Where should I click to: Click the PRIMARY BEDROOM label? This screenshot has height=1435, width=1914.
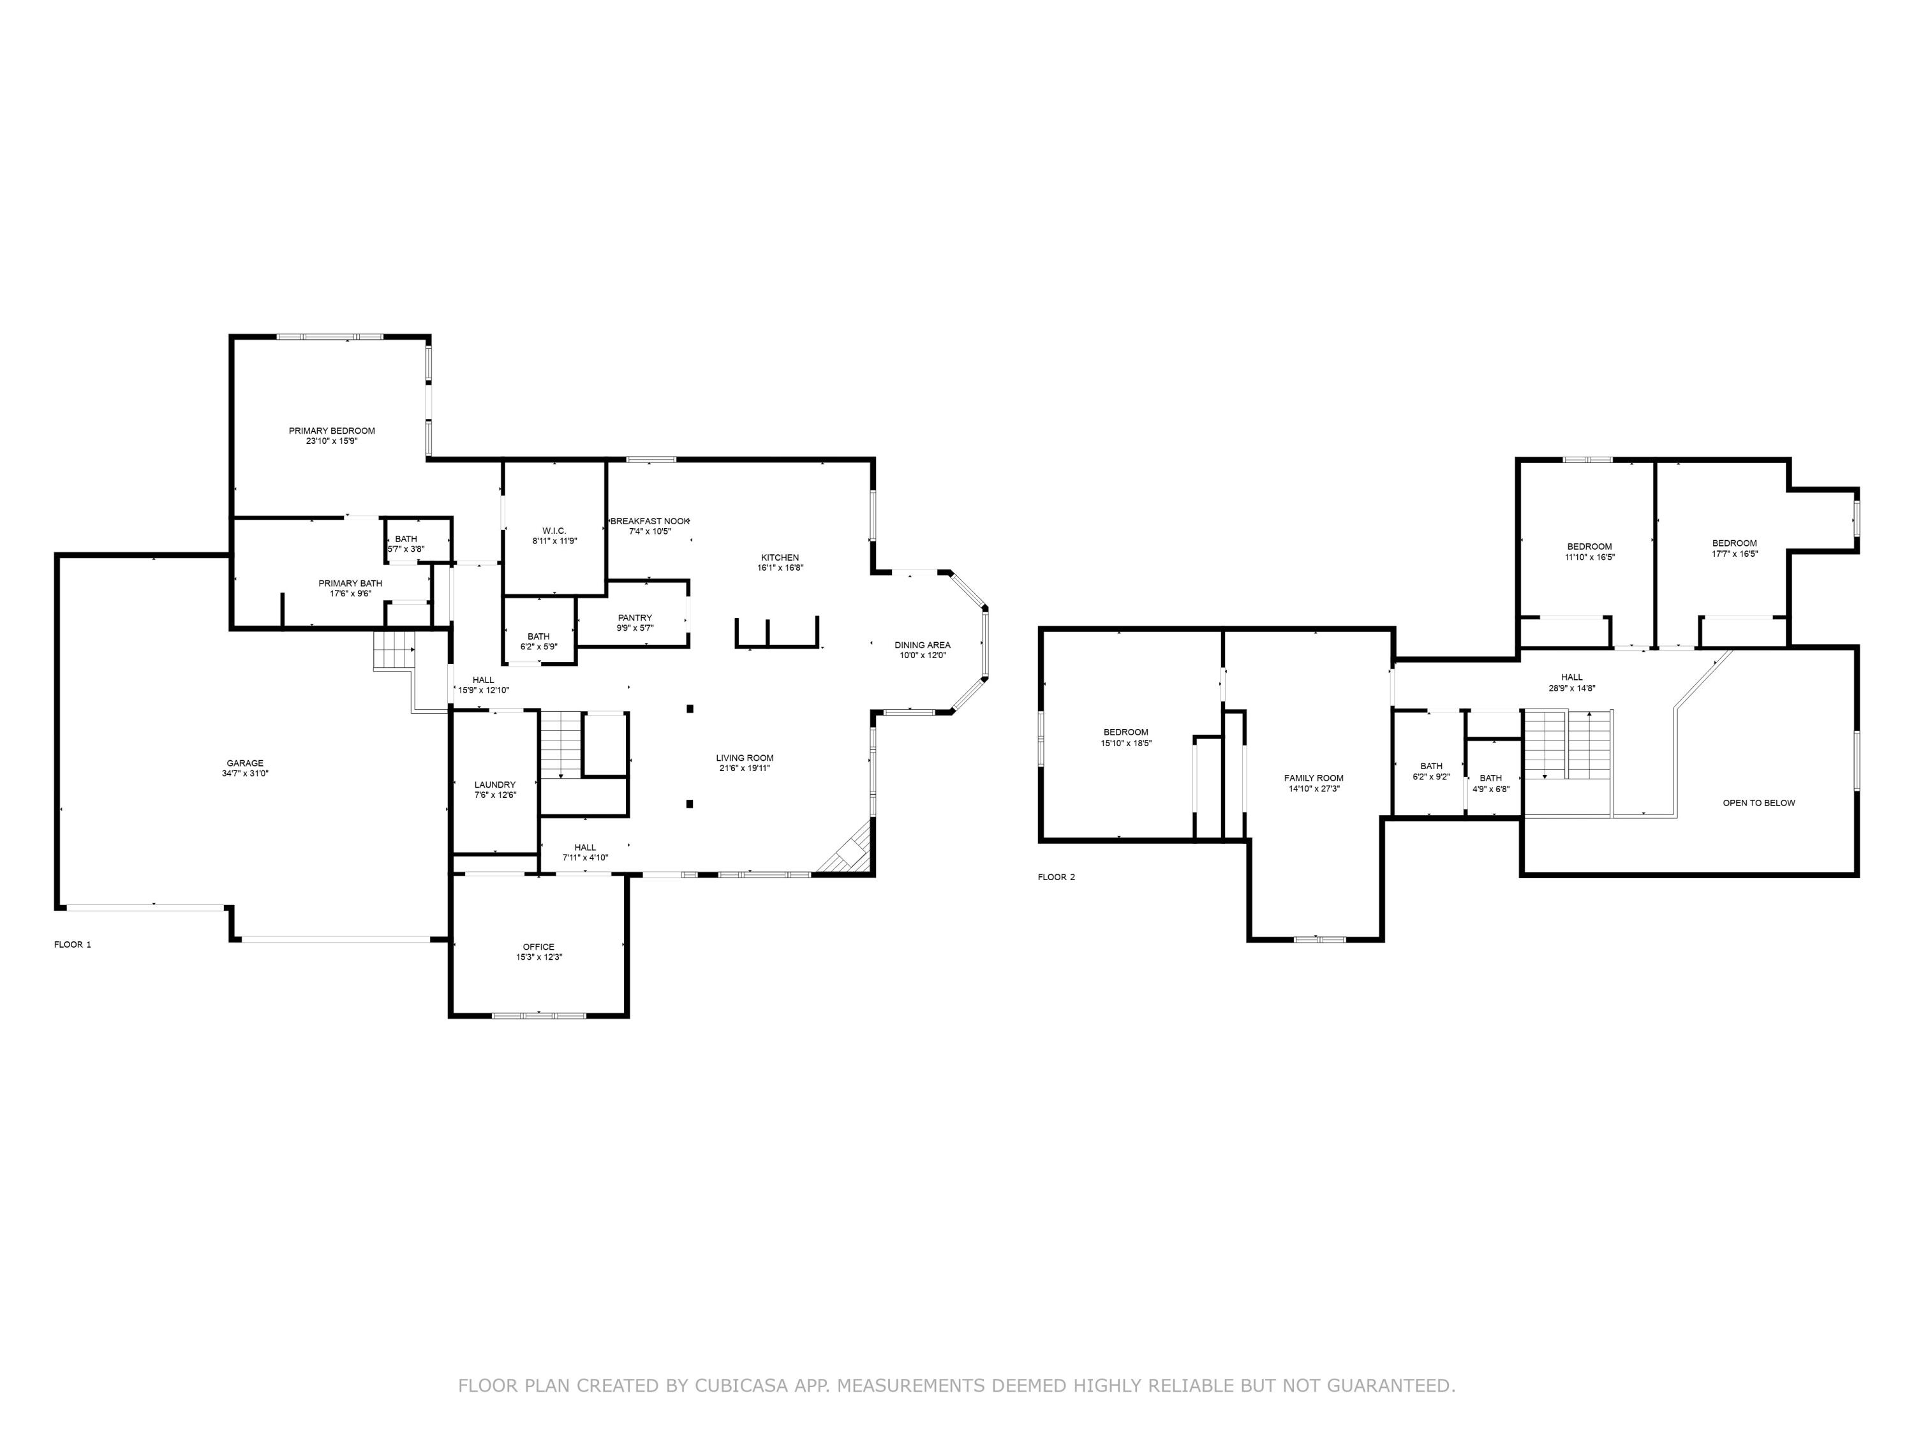pyautogui.click(x=331, y=430)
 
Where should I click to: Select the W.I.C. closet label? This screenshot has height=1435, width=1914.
pyautogui.click(x=554, y=530)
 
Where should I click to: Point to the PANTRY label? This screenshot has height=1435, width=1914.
pyautogui.click(x=634, y=617)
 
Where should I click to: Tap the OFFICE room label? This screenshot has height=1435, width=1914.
pyautogui.click(x=538, y=946)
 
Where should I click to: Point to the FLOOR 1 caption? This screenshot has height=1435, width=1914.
pyautogui.click(x=73, y=945)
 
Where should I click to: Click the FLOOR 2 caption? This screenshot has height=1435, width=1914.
pyautogui.click(x=1057, y=877)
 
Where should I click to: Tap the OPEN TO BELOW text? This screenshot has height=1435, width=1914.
pyautogui.click(x=1758, y=803)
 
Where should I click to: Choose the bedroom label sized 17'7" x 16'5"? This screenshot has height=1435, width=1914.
pyautogui.click(x=1734, y=543)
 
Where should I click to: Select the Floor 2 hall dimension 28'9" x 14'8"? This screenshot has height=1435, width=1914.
pyautogui.click(x=1571, y=689)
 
